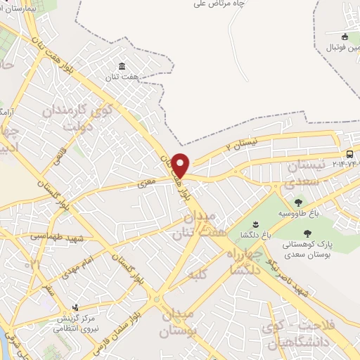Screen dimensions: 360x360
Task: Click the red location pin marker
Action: [181, 166]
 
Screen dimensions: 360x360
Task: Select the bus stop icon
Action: [349, 155]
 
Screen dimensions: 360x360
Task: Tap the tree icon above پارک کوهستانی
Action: [306, 233]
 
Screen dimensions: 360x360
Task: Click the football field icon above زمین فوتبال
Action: [345, 37]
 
